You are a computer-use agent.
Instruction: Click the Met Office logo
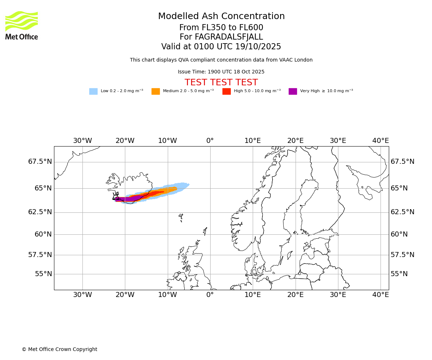[22, 25]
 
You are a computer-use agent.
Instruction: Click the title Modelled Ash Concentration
[221, 17]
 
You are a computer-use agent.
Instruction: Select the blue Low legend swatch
[93, 91]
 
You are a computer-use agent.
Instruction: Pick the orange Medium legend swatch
[156, 91]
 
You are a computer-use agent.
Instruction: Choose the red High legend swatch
[226, 91]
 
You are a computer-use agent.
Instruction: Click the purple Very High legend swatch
[293, 91]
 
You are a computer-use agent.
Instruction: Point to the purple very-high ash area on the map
[128, 199]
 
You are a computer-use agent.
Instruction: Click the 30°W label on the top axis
[82, 141]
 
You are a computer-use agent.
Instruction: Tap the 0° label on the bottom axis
[210, 295]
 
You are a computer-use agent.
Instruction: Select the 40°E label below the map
[381, 295]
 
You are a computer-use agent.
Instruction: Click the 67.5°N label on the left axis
[40, 162]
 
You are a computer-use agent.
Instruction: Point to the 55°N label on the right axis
[399, 274]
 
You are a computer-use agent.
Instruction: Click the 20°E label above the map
[296, 141]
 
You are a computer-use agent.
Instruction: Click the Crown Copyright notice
[59, 350]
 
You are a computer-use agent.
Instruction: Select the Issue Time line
[221, 72]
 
